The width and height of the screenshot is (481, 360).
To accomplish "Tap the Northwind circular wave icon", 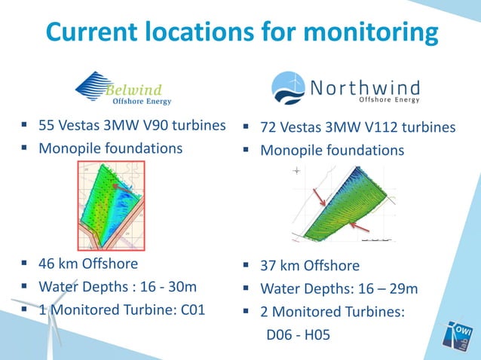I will (288, 87).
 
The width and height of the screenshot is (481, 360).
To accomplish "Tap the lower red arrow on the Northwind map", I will (357, 226).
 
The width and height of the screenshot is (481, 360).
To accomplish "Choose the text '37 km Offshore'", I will (310, 266).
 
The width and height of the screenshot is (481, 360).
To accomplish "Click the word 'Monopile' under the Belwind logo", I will (71, 148).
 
